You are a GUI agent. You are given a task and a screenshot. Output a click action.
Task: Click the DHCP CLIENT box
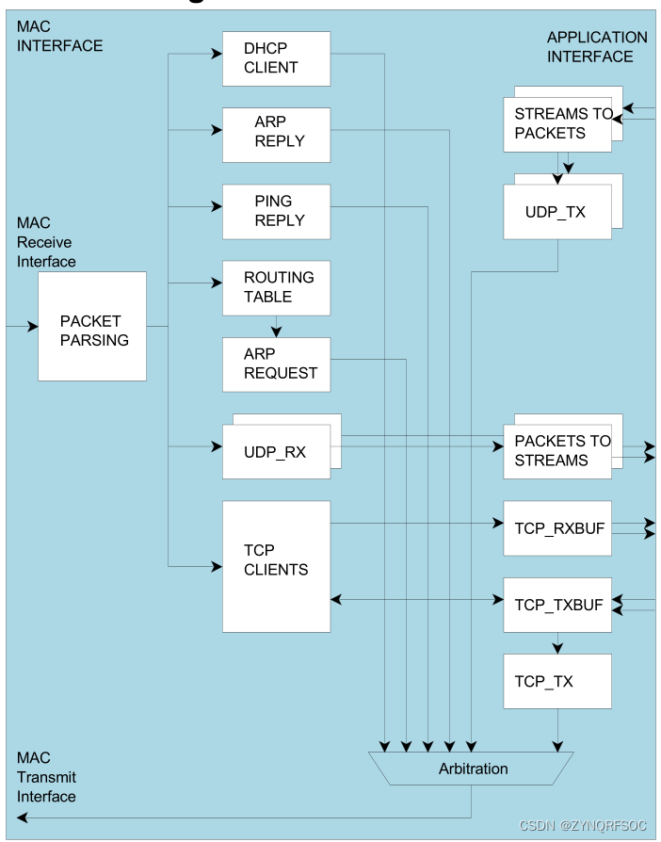coord(276,58)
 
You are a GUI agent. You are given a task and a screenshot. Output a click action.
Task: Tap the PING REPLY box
coord(276,211)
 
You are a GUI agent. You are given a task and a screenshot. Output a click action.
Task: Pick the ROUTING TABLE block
coord(276,287)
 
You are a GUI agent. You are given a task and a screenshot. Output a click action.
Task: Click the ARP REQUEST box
coord(276,364)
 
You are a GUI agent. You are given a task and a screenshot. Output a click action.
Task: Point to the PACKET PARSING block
coord(91,326)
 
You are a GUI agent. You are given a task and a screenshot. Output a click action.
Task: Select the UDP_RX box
coord(276,452)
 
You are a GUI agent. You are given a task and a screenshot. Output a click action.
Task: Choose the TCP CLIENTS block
coord(276,565)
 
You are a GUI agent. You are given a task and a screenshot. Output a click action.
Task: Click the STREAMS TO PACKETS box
coord(557,123)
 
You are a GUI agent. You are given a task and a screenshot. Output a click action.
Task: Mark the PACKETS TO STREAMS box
coord(557,451)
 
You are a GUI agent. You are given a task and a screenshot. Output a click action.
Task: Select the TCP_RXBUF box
coord(557,527)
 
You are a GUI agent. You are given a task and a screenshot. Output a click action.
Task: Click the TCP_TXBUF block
coord(557,605)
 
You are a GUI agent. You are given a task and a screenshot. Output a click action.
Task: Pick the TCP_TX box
coord(557,681)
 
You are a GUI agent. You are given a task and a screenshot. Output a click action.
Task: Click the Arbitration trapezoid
coord(473,769)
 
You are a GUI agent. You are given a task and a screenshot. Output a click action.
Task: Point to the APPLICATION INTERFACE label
coord(597,47)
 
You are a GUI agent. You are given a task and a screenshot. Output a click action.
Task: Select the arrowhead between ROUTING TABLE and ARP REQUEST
coord(276,332)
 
